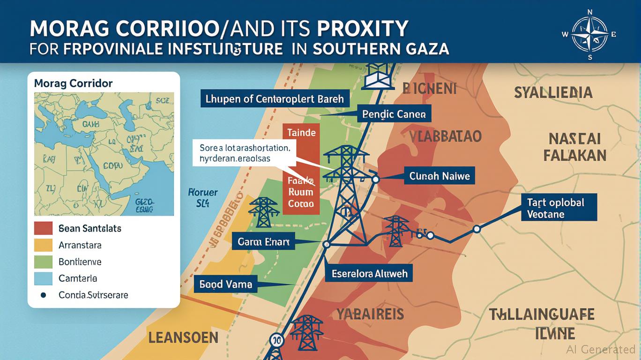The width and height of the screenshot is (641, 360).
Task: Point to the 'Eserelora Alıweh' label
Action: click(x=369, y=274)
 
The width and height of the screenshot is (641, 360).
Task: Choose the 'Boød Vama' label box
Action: click(x=226, y=284)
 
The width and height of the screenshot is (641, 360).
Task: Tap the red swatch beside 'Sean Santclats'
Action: click(x=43, y=228)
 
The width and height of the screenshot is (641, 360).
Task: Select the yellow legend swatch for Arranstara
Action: click(x=43, y=245)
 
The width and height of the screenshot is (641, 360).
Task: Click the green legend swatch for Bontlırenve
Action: click(x=43, y=262)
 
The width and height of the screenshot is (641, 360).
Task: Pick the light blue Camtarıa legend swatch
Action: click(x=43, y=278)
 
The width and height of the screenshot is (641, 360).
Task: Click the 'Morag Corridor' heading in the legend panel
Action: click(x=73, y=83)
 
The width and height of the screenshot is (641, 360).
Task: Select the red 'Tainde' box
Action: click(x=301, y=133)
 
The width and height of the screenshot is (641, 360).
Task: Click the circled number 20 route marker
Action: click(x=276, y=341)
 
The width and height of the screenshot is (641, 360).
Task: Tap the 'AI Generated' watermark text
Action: click(x=600, y=349)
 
